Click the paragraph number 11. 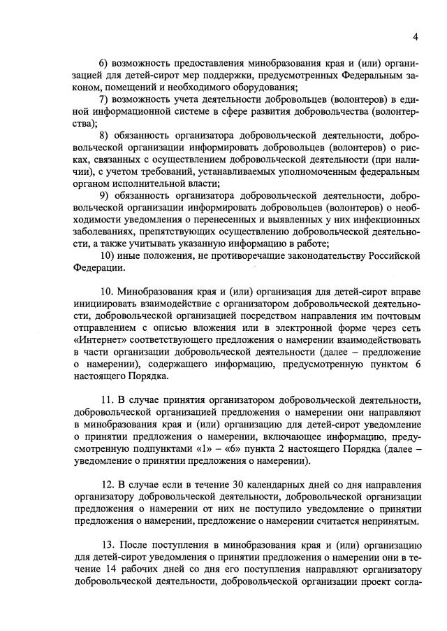[107, 402]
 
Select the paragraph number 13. [108, 544]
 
